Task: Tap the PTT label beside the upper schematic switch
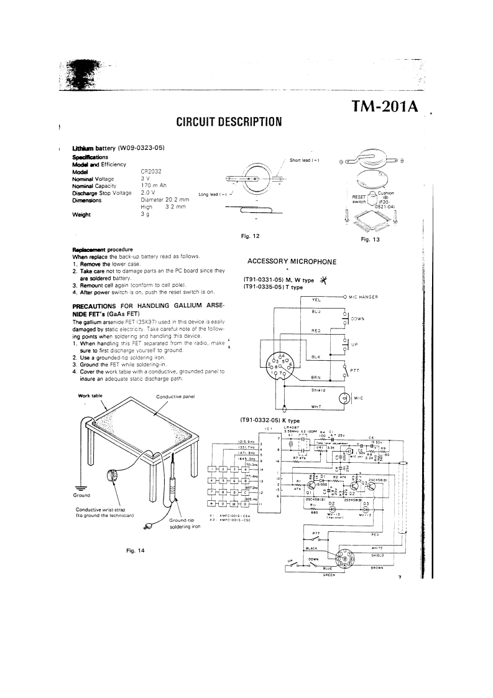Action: click(355, 370)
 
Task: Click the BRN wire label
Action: click(315, 377)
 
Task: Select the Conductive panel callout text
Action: click(176, 396)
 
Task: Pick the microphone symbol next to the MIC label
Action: click(343, 398)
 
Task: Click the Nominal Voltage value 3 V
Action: click(144, 179)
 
